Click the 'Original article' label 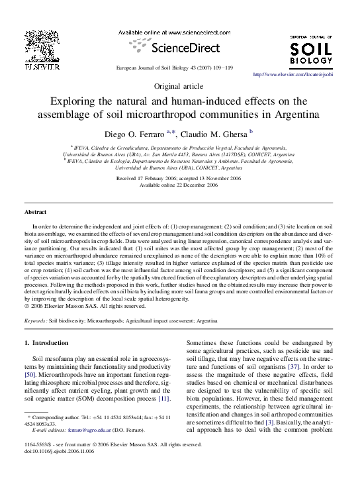coord(179,87)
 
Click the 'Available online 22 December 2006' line coord(179,185)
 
